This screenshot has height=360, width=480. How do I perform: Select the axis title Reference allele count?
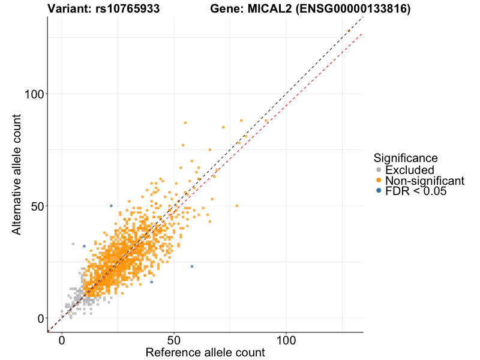click(x=205, y=353)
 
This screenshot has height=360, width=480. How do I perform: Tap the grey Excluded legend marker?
click(x=378, y=170)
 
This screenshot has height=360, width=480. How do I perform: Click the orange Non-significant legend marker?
click(x=378, y=181)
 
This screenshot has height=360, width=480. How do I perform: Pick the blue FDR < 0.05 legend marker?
click(x=378, y=191)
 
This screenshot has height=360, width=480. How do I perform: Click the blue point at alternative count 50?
click(x=111, y=206)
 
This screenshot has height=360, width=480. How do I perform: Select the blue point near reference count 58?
click(x=192, y=266)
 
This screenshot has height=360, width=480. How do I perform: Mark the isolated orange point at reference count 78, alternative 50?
click(x=236, y=206)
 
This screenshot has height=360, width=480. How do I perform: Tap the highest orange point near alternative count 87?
click(x=185, y=123)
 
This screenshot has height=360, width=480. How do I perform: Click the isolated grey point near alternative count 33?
click(x=73, y=244)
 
